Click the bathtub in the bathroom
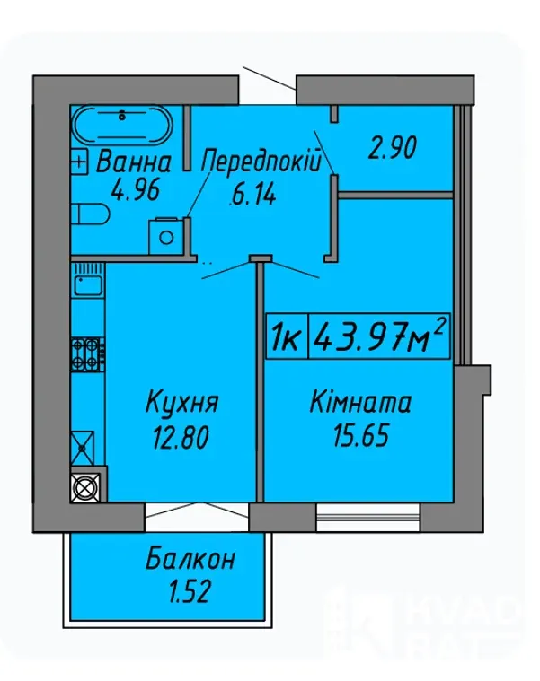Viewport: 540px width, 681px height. point(122,124)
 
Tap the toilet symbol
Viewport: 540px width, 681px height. point(90,214)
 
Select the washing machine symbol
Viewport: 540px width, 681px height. point(166,236)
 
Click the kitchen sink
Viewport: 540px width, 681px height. point(88,285)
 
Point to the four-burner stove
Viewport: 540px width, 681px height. point(88,354)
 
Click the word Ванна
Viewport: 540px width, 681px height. point(134,162)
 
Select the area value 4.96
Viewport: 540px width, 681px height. point(135,190)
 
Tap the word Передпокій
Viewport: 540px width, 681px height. point(261,162)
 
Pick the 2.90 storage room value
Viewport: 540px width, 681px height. point(392,147)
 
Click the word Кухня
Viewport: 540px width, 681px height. point(181,401)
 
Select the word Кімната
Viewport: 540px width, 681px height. point(360,401)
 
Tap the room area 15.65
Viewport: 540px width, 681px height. point(361,435)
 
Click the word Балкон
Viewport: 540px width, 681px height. point(190,558)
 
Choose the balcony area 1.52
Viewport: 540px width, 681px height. point(190,591)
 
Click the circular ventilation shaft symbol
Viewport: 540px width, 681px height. point(85,486)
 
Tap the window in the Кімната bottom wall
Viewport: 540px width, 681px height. point(368,518)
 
